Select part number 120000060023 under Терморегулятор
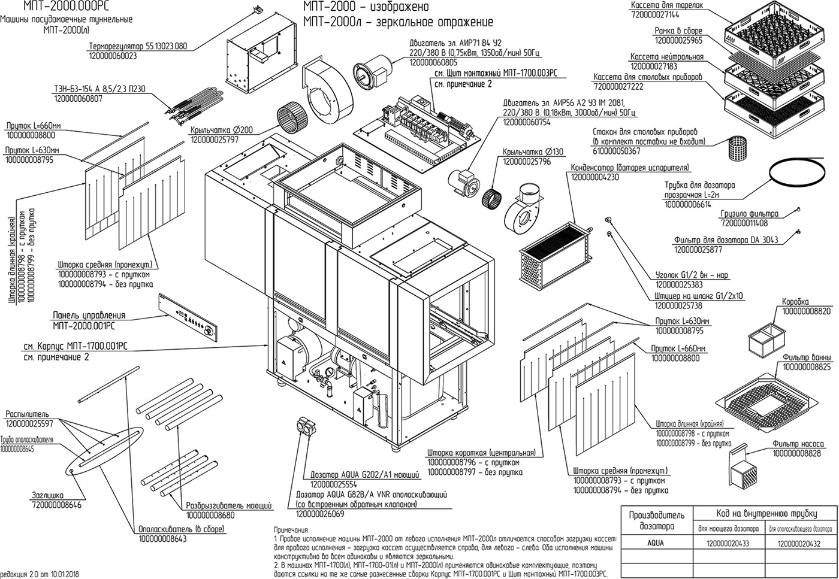click(113, 56)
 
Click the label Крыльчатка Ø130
click(533, 152)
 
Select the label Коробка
click(795, 302)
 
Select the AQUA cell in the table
click(655, 544)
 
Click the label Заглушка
click(47, 496)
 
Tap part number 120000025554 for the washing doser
click(333, 484)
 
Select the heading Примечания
click(291, 531)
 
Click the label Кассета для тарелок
click(666, 5)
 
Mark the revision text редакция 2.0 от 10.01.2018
click(40, 574)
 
